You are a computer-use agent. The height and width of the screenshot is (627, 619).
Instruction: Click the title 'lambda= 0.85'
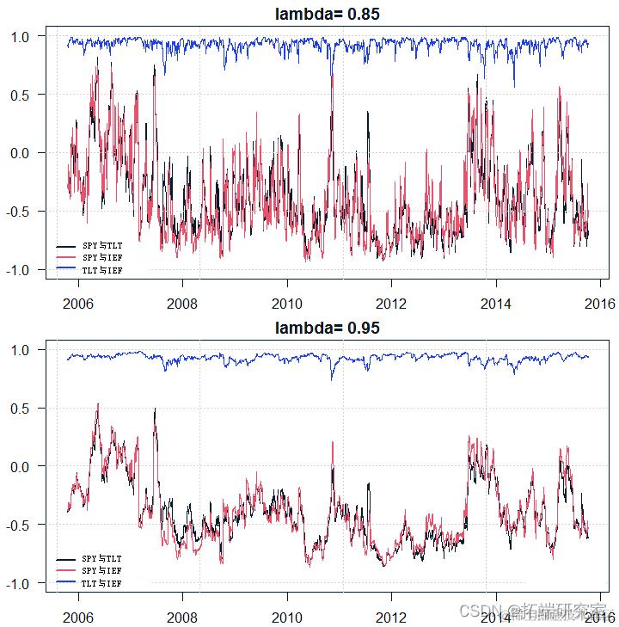coord(327,14)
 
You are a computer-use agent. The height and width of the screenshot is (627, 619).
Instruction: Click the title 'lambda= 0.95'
coord(327,328)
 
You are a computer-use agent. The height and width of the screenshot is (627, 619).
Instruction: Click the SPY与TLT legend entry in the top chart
coord(101,245)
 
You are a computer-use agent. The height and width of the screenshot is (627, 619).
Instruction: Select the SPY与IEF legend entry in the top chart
coord(101,257)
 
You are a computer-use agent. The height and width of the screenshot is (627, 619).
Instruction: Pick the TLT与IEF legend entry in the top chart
coord(101,270)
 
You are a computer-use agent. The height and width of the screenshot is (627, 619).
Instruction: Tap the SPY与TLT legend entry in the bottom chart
coord(101,559)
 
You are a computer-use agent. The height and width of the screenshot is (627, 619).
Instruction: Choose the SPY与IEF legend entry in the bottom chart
coord(101,571)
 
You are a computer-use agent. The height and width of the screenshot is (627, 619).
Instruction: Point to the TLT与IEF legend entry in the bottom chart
coord(101,583)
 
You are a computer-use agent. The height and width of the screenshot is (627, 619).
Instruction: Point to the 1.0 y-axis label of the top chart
coord(21,36)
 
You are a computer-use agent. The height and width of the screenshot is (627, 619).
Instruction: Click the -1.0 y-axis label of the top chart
coord(19,270)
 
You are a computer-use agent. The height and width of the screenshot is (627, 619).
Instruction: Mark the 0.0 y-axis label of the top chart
coord(21,153)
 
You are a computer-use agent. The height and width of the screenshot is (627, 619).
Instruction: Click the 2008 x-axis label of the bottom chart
coord(182,617)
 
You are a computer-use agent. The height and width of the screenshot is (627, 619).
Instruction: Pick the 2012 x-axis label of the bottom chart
coord(391,617)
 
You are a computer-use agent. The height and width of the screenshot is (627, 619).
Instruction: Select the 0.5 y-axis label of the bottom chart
coord(21,408)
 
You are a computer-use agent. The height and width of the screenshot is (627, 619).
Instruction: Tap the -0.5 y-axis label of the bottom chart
coord(19,525)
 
